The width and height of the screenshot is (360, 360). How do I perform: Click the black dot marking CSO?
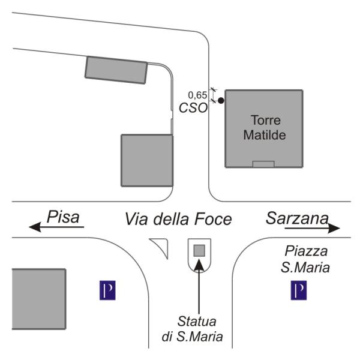pos(221,101)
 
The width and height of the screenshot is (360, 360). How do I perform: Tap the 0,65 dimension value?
pos(197,95)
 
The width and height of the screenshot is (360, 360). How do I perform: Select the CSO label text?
pos(193,107)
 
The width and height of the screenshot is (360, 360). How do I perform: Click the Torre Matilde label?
pos(265,127)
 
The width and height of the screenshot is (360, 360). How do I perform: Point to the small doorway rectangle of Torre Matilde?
pos(263,164)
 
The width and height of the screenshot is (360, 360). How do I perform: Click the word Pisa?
pos(63,217)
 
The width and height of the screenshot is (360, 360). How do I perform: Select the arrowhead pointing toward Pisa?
pos(35,227)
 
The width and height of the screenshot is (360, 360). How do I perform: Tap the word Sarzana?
pos(298,218)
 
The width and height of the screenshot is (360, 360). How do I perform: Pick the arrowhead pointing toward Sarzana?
pos(334,228)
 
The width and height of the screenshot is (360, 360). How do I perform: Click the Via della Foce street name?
pos(178,219)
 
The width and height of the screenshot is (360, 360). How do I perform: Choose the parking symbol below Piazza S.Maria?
pos(299,290)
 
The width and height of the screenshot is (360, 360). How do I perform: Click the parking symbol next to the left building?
pos(107,290)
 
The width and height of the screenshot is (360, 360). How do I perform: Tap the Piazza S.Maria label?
pos(305,259)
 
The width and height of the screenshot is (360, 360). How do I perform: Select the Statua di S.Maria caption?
pos(193,329)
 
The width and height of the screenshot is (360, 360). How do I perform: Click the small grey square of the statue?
pos(199,250)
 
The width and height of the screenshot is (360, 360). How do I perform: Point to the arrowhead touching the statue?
pos(199,264)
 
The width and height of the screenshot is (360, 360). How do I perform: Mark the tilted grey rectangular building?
pos(116,70)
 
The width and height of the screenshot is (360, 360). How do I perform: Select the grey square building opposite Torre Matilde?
pos(147,160)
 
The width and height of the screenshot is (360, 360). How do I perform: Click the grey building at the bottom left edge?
pos(39,299)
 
